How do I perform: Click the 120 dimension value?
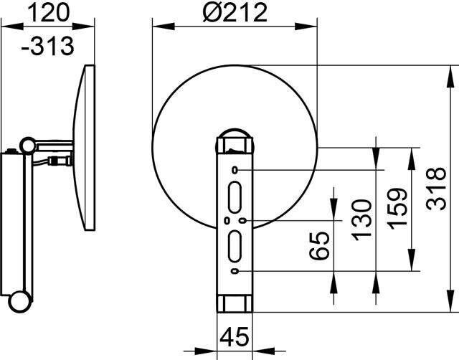[x=49, y=13]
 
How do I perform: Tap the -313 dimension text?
[x=48, y=46]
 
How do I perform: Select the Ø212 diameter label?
[x=235, y=12]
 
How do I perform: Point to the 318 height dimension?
[x=436, y=189]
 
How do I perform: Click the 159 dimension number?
[x=397, y=209]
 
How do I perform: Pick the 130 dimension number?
[x=361, y=220]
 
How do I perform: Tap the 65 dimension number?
[x=319, y=245]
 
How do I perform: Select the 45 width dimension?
[x=235, y=336]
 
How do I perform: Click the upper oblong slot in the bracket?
[x=235, y=197]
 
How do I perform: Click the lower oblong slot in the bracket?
[x=235, y=246]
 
